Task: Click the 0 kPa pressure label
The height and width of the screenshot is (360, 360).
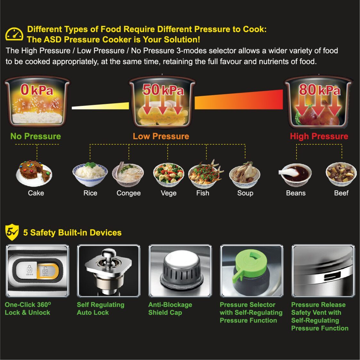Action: tap(37, 90)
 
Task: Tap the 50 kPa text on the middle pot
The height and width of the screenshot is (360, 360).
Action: tap(163, 90)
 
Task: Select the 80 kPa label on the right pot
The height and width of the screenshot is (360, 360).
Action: tap(319, 90)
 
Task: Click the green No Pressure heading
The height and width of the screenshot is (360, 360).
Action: tap(36, 136)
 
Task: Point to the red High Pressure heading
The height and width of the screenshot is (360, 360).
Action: tap(319, 136)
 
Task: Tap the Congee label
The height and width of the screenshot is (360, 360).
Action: tap(128, 193)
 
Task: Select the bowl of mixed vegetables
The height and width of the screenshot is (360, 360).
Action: tap(168, 175)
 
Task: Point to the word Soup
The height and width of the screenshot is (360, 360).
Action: tap(245, 193)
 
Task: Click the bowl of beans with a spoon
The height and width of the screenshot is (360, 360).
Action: tap(295, 175)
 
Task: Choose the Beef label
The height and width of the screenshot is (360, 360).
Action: tap(341, 193)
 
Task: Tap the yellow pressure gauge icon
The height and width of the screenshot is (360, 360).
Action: tap(14, 34)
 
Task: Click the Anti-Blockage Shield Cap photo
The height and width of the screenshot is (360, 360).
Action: tap(180, 271)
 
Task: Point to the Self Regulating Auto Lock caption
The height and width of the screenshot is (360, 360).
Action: tap(100, 308)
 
